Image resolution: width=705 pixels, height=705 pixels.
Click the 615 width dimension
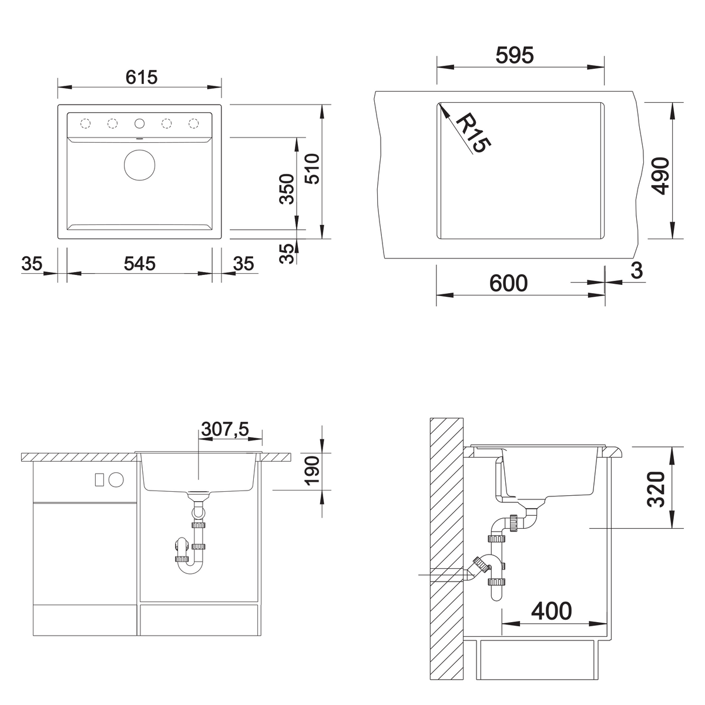pos(141,77)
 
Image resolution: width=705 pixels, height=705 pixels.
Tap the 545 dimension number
pos(139,263)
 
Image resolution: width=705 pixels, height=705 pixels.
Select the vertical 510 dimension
pos(312,169)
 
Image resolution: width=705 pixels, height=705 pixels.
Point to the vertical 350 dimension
pos(287,189)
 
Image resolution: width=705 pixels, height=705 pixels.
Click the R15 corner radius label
pos(472,133)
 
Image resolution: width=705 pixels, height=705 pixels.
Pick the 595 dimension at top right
pos(515,56)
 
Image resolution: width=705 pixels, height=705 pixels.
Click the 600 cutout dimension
pos(509,283)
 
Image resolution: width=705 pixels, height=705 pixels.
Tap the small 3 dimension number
pos(637,270)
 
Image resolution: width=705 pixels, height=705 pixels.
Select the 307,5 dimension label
pos(225,429)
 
